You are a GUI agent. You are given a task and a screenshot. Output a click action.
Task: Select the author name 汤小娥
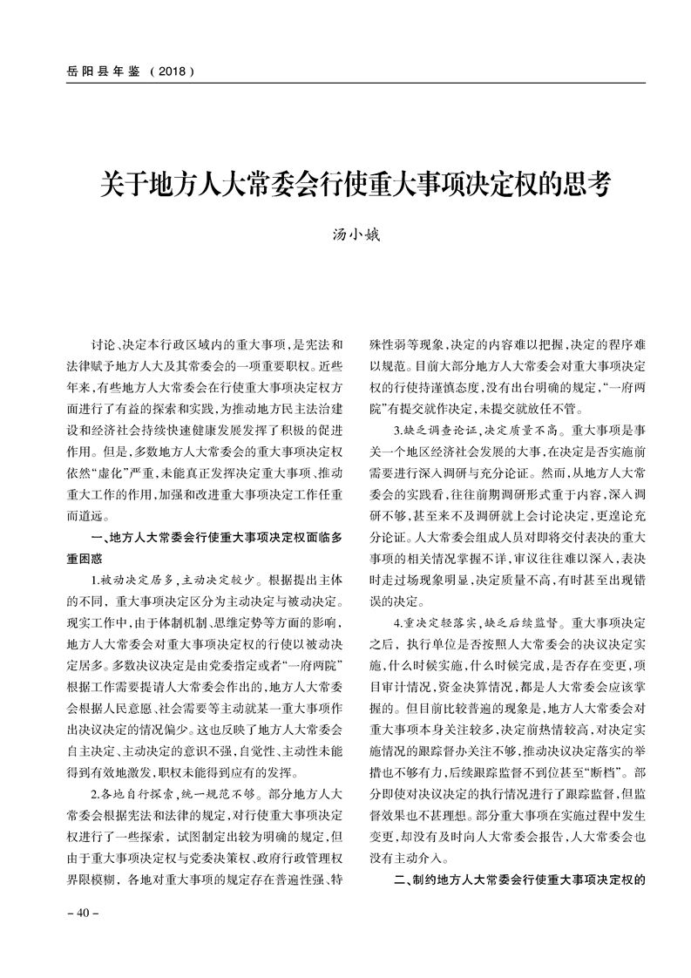coord(346,233)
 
